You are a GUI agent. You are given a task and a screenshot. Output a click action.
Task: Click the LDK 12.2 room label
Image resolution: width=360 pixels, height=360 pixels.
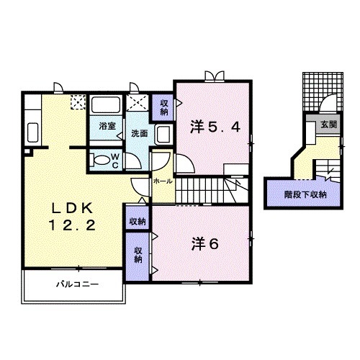coord(72,217)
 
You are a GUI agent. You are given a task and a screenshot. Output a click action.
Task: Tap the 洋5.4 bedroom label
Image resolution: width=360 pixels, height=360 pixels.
coord(215,127)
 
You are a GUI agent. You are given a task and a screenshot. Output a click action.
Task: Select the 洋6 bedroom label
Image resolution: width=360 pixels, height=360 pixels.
coord(205,244)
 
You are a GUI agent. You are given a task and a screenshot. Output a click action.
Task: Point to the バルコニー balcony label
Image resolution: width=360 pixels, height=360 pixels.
coord(77,284)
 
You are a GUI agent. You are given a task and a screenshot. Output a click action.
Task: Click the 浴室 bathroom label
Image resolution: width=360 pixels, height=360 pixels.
coord(107,126)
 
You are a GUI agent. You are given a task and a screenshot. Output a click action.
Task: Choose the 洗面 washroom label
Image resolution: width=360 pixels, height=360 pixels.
coord(140,134)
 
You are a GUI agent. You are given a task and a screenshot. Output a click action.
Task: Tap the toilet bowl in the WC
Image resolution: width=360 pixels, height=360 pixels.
coord(99,160)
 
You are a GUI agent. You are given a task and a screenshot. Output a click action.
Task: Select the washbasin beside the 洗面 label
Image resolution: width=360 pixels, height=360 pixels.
coord(163,135)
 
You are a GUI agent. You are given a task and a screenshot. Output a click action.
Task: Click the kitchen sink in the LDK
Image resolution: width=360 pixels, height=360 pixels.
coord(33,132)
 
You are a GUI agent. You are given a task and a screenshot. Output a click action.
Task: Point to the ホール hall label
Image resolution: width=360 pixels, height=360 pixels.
coord(163,181)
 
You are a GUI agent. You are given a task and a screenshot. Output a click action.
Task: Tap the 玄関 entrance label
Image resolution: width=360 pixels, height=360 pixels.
coord(329,125)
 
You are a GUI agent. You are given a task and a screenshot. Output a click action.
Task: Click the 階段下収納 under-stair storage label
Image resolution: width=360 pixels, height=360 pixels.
coord(305,194)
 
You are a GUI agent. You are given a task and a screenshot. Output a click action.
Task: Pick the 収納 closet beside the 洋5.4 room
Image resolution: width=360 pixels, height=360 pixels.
coord(164,107)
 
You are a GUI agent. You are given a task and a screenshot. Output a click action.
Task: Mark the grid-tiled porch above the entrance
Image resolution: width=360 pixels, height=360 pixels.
coord(323,91)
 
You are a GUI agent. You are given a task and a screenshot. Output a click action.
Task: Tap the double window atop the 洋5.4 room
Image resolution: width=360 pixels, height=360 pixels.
coord(215,76)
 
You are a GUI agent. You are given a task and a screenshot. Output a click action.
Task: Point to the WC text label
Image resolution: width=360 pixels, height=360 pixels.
coord(115,161)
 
